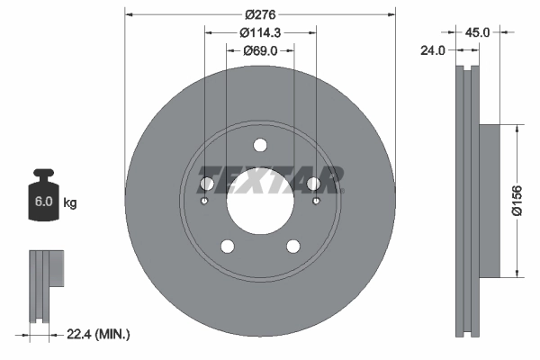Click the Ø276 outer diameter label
(259, 14)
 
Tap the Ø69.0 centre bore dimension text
(259, 51)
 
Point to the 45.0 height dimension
(476, 31)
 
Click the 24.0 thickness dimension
(435, 51)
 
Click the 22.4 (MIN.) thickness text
(99, 335)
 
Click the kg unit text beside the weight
(69, 203)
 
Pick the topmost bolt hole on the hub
(260, 145)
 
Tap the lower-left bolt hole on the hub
(227, 247)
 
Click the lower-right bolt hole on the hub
(293, 247)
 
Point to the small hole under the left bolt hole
(205, 201)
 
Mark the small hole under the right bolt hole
(315, 201)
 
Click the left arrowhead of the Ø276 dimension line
(129, 14)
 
